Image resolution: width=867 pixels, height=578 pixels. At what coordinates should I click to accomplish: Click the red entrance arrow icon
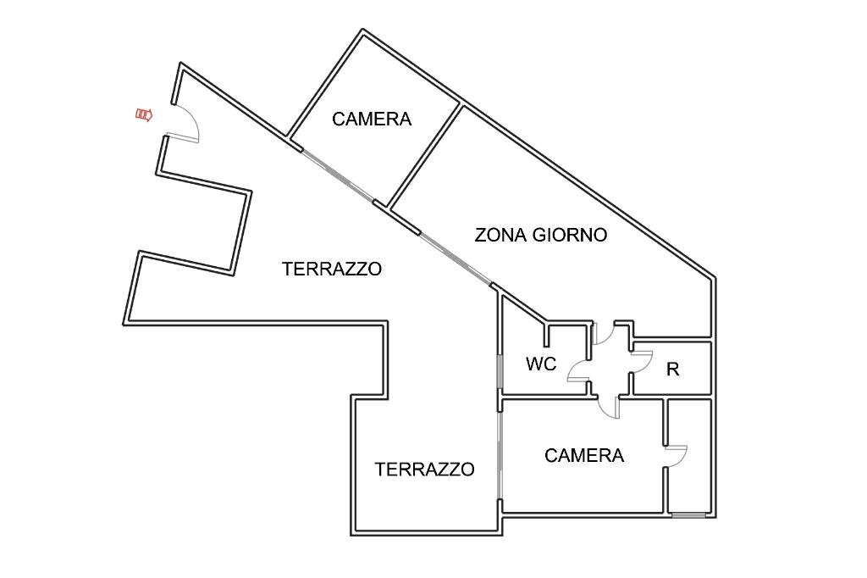pos(144,114)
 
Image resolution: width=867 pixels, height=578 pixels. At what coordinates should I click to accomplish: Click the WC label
pos(541,364)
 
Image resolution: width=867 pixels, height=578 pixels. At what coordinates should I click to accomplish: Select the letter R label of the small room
pos(673,370)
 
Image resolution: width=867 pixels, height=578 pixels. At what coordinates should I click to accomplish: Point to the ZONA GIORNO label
pos(540,235)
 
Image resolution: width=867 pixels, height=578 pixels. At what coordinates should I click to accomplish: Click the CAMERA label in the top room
pos(372,119)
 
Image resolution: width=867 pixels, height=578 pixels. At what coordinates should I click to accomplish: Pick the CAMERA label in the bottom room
pos(584,456)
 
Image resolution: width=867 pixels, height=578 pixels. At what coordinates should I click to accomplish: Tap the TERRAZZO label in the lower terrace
pos(424,470)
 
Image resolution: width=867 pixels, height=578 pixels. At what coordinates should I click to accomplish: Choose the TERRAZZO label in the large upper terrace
pos(332,270)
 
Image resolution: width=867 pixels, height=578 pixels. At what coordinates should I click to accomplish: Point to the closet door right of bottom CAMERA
pos(676,455)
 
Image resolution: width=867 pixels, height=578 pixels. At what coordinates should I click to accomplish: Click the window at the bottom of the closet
pos(688,514)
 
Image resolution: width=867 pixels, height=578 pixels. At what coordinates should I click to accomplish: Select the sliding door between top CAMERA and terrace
pos(337,176)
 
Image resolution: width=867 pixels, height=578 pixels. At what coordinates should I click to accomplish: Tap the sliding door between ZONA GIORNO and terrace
pos(456,258)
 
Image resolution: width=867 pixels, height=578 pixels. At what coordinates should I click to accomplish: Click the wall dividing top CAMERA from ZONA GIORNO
pos(424,156)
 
